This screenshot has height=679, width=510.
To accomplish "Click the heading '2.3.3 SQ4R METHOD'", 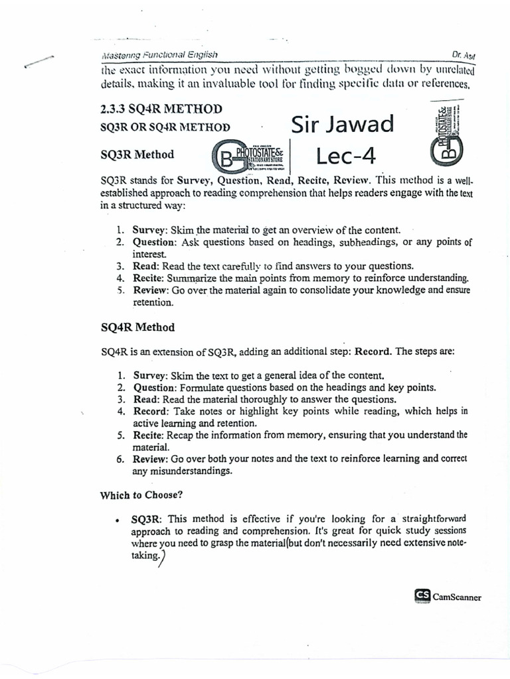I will (x=160, y=109).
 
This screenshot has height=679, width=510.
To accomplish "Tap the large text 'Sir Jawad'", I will (x=342, y=123).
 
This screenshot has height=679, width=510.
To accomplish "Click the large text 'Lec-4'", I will (x=346, y=156).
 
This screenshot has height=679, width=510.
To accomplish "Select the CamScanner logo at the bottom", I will (x=447, y=596).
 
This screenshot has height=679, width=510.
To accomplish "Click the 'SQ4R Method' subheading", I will (x=137, y=328).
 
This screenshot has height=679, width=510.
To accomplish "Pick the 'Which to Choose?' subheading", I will (x=141, y=494).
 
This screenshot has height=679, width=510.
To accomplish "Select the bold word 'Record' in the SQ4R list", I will (x=151, y=411).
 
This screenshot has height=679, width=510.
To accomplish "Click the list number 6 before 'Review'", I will (x=121, y=459).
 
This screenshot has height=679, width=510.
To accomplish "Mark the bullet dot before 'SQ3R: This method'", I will (x=117, y=519).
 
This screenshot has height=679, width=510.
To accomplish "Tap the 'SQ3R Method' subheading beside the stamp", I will (x=137, y=154).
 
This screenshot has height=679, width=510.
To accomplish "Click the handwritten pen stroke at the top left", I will (x=39, y=60).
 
